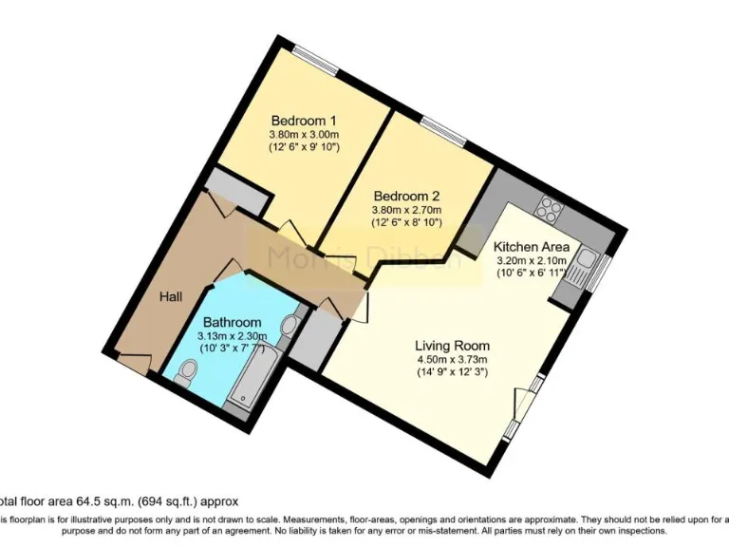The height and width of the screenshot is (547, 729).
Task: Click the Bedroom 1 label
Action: tap(305, 121)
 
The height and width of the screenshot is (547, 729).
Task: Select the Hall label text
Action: tap(171, 297)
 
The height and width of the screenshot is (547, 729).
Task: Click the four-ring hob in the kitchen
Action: tap(551, 206)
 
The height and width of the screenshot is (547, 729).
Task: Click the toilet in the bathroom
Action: tap(184, 373)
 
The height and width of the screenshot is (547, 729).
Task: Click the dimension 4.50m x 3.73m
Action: tap(452, 360)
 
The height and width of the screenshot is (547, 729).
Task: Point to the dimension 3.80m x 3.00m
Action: tap(305, 135)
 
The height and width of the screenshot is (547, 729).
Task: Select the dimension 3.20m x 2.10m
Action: tap(531, 260)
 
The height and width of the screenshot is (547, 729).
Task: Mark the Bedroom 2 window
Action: tap(442, 130)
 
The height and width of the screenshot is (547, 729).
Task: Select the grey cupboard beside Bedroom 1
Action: tap(238, 191)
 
